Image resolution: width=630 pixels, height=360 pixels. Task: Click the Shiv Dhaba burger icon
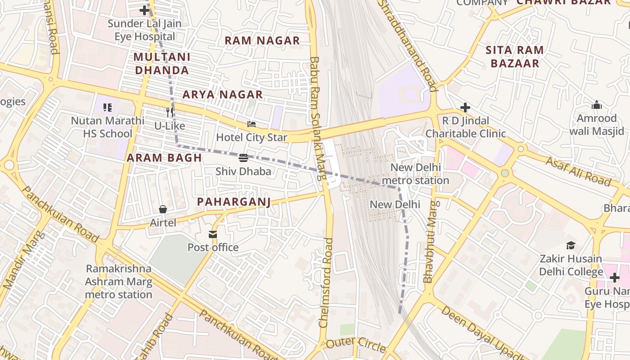click(x=243, y=157)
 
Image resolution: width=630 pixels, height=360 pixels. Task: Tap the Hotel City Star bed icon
click(x=252, y=124)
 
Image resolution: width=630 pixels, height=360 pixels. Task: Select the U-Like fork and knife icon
click(x=170, y=112)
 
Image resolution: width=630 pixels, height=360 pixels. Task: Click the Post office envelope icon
click(x=212, y=234)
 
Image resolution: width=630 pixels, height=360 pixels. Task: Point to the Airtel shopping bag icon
click(x=163, y=209)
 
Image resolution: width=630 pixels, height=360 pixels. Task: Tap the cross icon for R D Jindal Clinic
click(x=465, y=108)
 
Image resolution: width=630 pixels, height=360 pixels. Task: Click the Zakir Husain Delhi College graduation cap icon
click(x=571, y=245)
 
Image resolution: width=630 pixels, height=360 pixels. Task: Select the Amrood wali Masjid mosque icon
click(x=597, y=105)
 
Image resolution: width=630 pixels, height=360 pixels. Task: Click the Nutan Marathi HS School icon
click(x=108, y=107)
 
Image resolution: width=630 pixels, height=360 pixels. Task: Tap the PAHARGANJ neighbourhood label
click(x=234, y=202)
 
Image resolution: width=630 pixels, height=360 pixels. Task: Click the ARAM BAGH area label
click(x=164, y=158)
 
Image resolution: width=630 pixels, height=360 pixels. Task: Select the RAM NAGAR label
click(x=262, y=40)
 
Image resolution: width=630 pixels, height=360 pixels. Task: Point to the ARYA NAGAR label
click(x=222, y=94)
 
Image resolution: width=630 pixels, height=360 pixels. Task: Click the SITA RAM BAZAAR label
click(x=515, y=57)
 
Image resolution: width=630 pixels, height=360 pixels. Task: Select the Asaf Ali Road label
click(x=578, y=171)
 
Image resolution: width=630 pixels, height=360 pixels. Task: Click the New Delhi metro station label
click(x=415, y=174)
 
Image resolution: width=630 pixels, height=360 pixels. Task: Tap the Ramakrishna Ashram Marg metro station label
click(x=119, y=282)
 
